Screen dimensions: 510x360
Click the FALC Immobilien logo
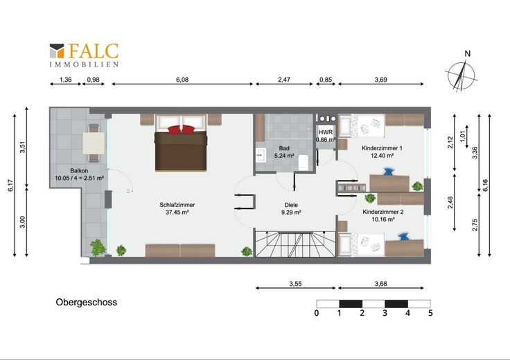[84, 55]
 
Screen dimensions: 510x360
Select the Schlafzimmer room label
[177, 208]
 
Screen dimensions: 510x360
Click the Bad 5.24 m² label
[284, 152]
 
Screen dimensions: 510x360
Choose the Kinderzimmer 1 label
[382, 152]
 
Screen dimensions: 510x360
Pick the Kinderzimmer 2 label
[383, 215]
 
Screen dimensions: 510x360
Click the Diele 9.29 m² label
[291, 208]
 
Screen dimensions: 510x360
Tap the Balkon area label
[79, 174]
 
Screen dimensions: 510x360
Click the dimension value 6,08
[182, 80]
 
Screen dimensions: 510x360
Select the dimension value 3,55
[295, 284]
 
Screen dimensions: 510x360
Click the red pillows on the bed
[181, 129]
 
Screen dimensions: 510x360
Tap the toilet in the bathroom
[303, 162]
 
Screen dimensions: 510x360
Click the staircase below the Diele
[295, 244]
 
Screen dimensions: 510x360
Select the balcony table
[94, 143]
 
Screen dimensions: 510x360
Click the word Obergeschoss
[87, 302]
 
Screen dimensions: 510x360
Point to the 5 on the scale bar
[430, 313]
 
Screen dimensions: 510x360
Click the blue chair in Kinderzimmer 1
[388, 171]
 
